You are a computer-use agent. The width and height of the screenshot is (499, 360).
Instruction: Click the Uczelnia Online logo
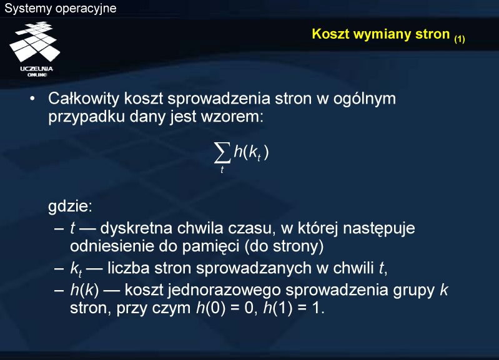[x=35, y=49]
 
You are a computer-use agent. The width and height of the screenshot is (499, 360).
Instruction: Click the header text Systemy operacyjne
[x=61, y=8]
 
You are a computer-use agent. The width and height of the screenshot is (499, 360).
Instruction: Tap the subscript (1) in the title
[x=460, y=39]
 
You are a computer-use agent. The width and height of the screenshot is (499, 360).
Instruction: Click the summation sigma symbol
[x=222, y=152]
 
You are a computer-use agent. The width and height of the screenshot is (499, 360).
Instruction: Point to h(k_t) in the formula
[x=252, y=152]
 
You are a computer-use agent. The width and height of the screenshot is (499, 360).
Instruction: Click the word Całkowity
[x=84, y=99]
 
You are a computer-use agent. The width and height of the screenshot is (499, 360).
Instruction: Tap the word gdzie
[x=70, y=207]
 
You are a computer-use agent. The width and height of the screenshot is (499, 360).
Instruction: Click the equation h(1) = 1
[x=294, y=308]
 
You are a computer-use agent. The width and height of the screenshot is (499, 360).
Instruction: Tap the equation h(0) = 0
[x=226, y=308]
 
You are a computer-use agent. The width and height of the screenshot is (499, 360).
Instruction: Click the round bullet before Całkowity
[x=32, y=99]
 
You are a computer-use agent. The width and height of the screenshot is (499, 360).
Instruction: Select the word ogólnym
[x=365, y=100]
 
